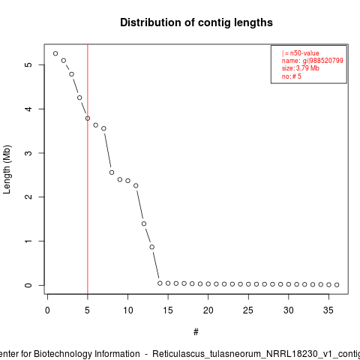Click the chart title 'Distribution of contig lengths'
(x=196, y=22)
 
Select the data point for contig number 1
(x=55, y=53)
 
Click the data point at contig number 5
(x=88, y=118)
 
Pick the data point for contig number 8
(x=112, y=172)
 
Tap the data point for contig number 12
(x=144, y=223)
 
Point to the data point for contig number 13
(x=152, y=247)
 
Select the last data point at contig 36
(x=337, y=285)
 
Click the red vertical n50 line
(x=88, y=169)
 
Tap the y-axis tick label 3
(x=28, y=153)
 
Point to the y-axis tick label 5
(x=28, y=64)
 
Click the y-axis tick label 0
(x=28, y=285)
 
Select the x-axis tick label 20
(x=208, y=310)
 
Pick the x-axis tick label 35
(x=328, y=310)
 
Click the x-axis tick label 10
(x=127, y=310)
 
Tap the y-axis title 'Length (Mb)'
(x=7, y=169)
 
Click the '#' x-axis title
(x=196, y=332)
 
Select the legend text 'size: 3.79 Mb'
(x=301, y=68)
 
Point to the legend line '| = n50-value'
(x=301, y=53)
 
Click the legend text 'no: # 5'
(x=292, y=76)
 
